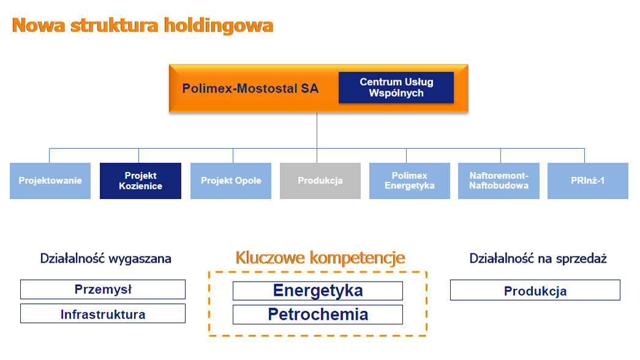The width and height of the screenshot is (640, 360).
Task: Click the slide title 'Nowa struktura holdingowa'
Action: (x=142, y=25)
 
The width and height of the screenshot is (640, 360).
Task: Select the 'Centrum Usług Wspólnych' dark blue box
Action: (x=396, y=88)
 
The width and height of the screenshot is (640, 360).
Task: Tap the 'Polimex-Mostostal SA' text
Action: (x=250, y=88)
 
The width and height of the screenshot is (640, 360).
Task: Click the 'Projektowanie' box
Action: (x=50, y=181)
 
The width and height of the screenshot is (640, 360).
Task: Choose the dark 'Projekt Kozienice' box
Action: (x=140, y=181)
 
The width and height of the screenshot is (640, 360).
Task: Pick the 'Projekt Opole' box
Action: (x=231, y=181)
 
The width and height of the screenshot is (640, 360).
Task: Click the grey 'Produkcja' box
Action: (x=320, y=181)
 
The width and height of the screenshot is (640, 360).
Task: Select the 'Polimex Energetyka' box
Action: (x=410, y=181)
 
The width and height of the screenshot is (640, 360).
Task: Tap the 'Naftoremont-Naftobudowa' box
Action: (x=499, y=181)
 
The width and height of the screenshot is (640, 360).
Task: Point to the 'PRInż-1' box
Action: (x=588, y=181)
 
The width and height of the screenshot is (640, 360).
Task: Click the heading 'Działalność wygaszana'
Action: (x=105, y=258)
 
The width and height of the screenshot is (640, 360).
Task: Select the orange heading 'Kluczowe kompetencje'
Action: (x=320, y=258)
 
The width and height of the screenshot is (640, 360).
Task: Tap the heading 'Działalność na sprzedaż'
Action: (x=538, y=258)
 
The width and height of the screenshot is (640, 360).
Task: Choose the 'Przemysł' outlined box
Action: (x=103, y=289)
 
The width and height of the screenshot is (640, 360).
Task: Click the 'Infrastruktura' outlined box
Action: (x=103, y=314)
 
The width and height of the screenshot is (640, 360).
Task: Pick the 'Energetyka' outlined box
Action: (x=318, y=290)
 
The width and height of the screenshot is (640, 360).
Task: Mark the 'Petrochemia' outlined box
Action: (x=318, y=315)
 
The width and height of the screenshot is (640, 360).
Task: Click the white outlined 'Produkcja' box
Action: (x=535, y=290)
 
